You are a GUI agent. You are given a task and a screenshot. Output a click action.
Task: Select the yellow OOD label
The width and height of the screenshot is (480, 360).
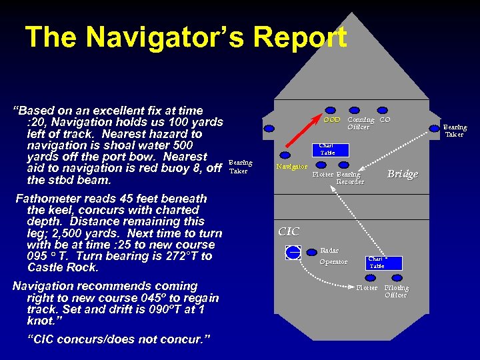click(x=331, y=120)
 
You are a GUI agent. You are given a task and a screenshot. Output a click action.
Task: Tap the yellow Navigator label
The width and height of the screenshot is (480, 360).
click(x=291, y=166)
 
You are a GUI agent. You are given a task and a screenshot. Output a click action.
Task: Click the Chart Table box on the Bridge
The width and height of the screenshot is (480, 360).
click(x=327, y=149)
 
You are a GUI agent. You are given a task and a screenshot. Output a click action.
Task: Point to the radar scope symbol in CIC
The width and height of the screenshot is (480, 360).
click(x=293, y=252)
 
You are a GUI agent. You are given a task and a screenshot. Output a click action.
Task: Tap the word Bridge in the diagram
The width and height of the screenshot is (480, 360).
click(x=403, y=174)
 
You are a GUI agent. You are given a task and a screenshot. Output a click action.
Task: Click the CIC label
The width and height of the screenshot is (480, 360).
click(x=289, y=231)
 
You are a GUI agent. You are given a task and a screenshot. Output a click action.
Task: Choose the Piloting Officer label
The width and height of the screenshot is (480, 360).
click(x=397, y=291)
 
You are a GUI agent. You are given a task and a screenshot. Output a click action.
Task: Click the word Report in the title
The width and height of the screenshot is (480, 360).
click(x=289, y=37)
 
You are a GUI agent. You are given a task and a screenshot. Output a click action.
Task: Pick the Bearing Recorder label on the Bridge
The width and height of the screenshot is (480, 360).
click(x=350, y=178)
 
